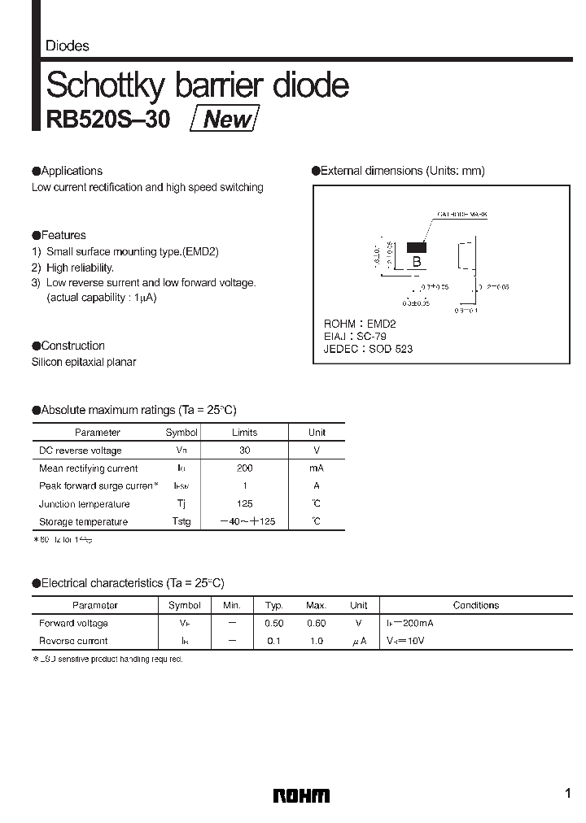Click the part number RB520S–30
click(x=108, y=120)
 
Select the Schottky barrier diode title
click(x=198, y=85)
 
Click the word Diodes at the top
click(x=68, y=46)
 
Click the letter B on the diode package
click(x=417, y=261)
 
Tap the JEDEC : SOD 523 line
click(x=368, y=348)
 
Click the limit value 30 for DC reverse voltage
click(x=245, y=450)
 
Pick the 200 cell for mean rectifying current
click(x=245, y=468)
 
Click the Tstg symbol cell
click(x=181, y=521)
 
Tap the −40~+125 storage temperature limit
click(x=245, y=521)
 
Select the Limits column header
click(x=245, y=433)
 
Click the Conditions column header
click(x=476, y=605)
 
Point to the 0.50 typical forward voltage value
click(x=274, y=623)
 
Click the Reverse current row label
click(x=73, y=641)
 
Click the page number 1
click(x=566, y=794)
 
